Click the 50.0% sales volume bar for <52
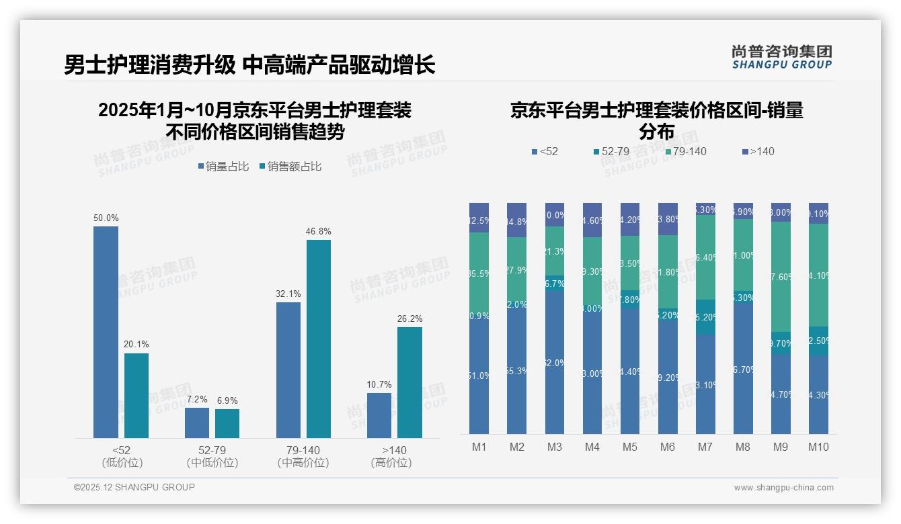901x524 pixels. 106,332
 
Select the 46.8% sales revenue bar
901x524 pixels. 319,339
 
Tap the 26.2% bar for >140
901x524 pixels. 409,382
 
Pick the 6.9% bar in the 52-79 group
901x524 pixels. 227,423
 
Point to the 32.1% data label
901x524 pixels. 288,294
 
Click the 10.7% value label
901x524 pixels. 379,385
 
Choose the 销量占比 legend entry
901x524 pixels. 225,167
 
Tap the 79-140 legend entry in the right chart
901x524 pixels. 686,151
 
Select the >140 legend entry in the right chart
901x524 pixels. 758,151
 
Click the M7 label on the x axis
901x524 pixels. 705,447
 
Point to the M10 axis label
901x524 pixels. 818,447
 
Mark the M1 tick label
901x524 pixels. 479,447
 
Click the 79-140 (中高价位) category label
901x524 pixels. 303,456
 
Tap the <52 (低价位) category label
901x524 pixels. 121,456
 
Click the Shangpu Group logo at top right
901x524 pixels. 781,57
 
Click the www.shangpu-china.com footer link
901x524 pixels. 783,488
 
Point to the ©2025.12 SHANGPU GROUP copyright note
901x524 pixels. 134,487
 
